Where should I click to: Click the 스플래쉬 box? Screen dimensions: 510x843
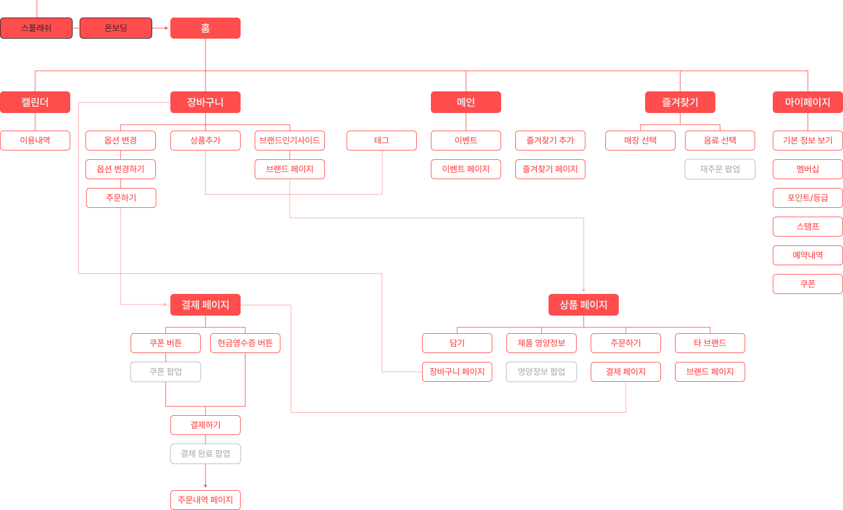point(36,28)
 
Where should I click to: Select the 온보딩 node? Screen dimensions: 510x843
point(116,28)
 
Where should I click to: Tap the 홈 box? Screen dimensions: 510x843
point(205,28)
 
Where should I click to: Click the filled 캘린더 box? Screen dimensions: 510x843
point(35,102)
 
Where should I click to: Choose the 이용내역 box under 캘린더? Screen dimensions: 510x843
point(35,141)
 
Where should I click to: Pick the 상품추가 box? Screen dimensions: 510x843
point(205,141)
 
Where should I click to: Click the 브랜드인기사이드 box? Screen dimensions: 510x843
point(290,141)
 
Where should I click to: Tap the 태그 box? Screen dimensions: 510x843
point(382,141)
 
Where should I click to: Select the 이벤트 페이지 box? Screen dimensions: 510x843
point(466,169)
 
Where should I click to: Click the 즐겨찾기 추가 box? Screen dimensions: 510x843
point(550,141)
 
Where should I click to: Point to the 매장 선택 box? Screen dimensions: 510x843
point(640,141)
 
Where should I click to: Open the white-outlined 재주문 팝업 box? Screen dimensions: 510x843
point(720,169)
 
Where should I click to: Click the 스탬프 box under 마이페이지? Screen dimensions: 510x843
point(808,227)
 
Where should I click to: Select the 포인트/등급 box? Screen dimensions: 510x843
point(808,198)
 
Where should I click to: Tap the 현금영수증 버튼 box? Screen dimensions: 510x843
point(245,343)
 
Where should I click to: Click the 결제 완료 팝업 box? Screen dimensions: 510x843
point(205,454)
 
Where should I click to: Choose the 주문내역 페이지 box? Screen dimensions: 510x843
point(205,500)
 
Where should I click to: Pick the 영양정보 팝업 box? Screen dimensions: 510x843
point(542,372)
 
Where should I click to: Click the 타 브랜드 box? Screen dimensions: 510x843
point(710,343)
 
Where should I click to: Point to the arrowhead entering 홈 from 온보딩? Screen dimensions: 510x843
point(166,28)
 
